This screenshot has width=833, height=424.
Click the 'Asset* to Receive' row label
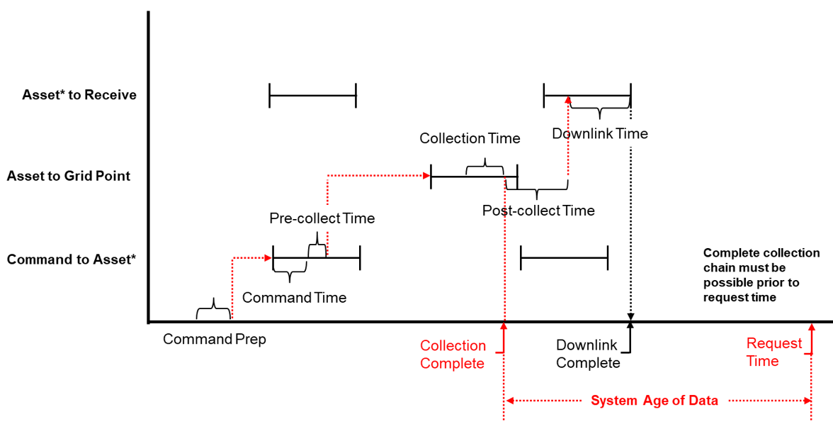coord(79,94)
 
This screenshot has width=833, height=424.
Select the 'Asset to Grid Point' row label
coord(69,176)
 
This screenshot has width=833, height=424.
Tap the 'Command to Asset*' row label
coord(71,260)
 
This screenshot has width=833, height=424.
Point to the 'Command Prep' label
coord(215,339)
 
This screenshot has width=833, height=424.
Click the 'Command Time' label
coord(294,298)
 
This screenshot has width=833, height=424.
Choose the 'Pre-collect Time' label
coord(322,218)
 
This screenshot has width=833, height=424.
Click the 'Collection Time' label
coord(470,138)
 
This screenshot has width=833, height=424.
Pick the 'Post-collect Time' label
coord(538,211)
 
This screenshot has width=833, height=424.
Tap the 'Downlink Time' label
coord(600,133)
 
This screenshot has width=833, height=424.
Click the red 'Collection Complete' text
coord(453,355)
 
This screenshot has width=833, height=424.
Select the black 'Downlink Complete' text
coord(588,355)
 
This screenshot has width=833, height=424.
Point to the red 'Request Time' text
coord(773,352)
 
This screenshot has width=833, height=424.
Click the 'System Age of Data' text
coord(654,401)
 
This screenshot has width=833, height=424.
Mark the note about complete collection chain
coord(761,275)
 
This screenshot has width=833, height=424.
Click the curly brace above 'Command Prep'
coord(213,312)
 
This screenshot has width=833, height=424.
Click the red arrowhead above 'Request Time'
coord(812,328)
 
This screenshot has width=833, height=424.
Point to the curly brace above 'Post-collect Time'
coord(537,191)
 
